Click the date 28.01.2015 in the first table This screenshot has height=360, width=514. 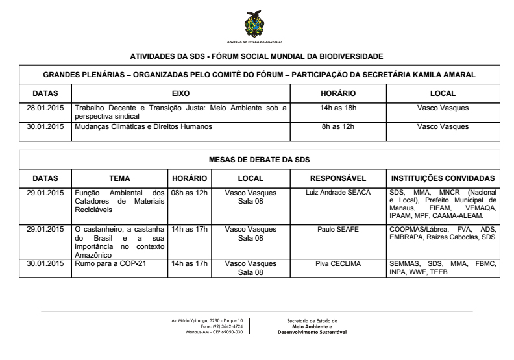coord(45,108)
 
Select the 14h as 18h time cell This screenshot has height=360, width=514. coord(337,108)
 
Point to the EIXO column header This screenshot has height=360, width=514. coord(180,94)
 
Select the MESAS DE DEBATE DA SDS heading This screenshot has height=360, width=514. coord(259,160)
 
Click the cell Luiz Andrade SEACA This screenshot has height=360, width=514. coord(338,193)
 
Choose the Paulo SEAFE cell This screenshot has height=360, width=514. coord(338,229)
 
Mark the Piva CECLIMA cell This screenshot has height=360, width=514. coord(338,264)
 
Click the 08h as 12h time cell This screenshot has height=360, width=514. coord(189,193)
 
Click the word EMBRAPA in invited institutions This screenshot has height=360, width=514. coord(409,238)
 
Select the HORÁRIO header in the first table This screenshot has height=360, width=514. coord(337,94)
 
